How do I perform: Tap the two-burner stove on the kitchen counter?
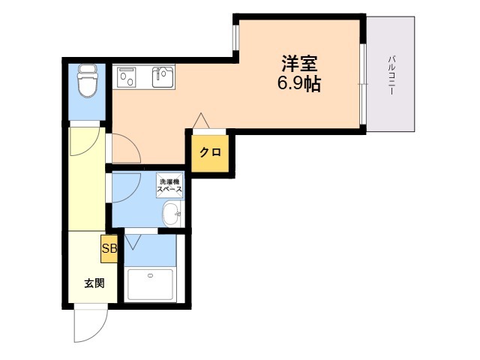pyautogui.click(x=125, y=76)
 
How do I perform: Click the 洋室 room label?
pyautogui.click(x=298, y=62)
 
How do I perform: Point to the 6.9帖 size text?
pyautogui.click(x=299, y=83)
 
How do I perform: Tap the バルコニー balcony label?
pyautogui.click(x=391, y=73)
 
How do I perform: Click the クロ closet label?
pyautogui.click(x=210, y=152)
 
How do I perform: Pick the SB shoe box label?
pyautogui.click(x=109, y=249)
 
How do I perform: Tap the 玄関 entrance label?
pyautogui.click(x=93, y=283)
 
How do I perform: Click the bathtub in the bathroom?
pyautogui.click(x=151, y=285)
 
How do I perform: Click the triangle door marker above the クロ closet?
pyautogui.click(x=199, y=121)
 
